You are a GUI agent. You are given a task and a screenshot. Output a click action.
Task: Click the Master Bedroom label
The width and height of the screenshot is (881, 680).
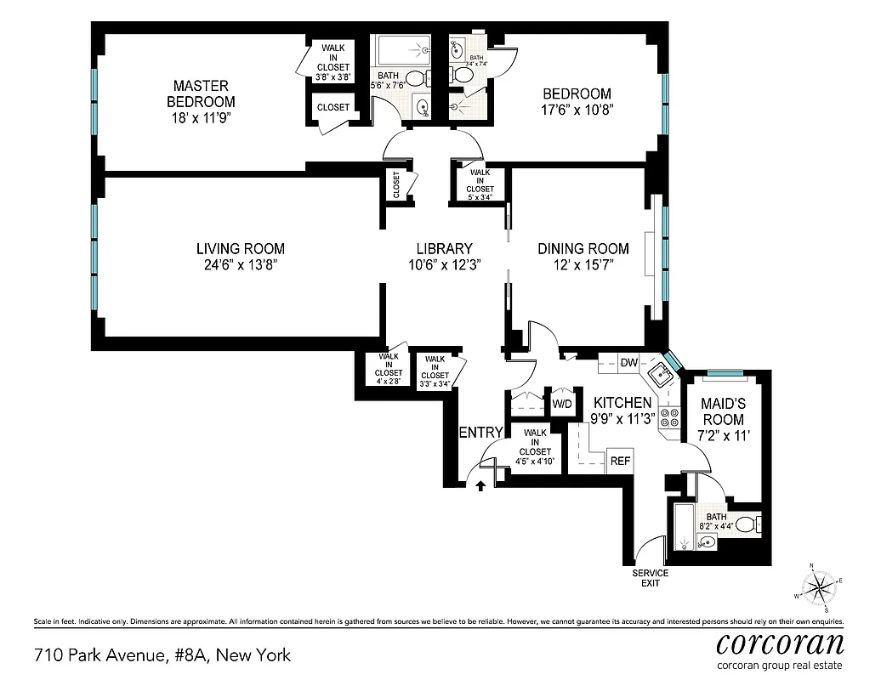pyautogui.click(x=201, y=93)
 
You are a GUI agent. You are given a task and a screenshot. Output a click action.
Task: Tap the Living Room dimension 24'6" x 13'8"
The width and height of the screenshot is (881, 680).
pyautogui.click(x=241, y=265)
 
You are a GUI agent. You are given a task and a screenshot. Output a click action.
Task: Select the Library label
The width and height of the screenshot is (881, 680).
pyautogui.click(x=444, y=248)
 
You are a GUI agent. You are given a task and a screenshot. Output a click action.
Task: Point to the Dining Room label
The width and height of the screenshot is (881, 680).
pyautogui.click(x=583, y=248)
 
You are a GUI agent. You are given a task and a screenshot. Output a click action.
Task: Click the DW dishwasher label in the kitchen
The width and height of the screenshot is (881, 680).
pyautogui.click(x=628, y=363)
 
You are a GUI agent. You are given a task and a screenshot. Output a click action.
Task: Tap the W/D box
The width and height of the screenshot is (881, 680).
pyautogui.click(x=562, y=403)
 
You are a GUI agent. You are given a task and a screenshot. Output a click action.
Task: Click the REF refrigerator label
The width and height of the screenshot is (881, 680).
pyautogui.click(x=620, y=462)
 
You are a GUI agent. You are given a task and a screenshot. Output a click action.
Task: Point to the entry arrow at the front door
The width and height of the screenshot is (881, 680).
pyautogui.click(x=480, y=486)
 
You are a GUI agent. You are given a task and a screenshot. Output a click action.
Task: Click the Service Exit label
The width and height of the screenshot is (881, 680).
pyautogui.click(x=650, y=579)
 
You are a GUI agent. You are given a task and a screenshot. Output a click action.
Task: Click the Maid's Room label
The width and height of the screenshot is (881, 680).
pyautogui.click(x=724, y=412)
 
